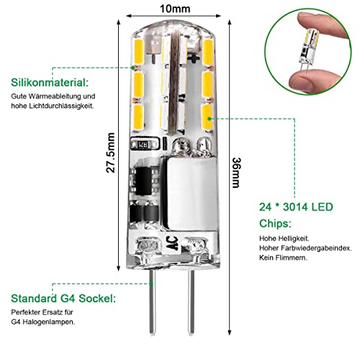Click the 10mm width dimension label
(x=175, y=9)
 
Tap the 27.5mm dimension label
(x=111, y=153)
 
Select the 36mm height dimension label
(x=236, y=173)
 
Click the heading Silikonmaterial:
(x=50, y=83)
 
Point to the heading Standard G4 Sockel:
(x=63, y=298)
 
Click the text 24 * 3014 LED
(x=296, y=207)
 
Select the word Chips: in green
(x=275, y=224)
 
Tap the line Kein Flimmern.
(x=283, y=258)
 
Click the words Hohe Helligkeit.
(x=284, y=238)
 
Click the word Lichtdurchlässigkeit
(x=61, y=106)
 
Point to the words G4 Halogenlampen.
(x=43, y=322)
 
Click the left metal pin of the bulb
(x=152, y=301)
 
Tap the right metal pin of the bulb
(x=191, y=301)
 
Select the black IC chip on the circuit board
(x=143, y=181)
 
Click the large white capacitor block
(x=189, y=194)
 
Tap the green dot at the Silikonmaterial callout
(x=132, y=68)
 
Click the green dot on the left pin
(x=151, y=284)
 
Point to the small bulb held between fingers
(x=309, y=50)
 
